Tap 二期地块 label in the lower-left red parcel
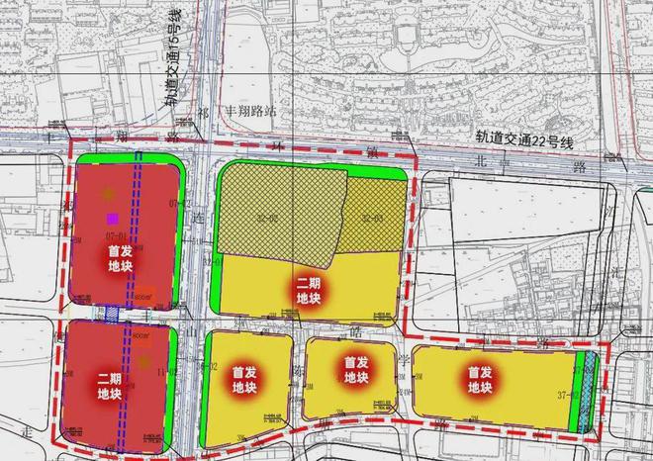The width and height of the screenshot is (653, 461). pos(110,386)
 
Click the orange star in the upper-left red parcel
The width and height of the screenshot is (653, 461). pos(107,194)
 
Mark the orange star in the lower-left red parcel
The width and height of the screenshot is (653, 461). pos(144,362)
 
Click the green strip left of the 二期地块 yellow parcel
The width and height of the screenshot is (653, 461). pos(217,281)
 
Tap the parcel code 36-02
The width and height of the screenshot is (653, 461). pos(208,367)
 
